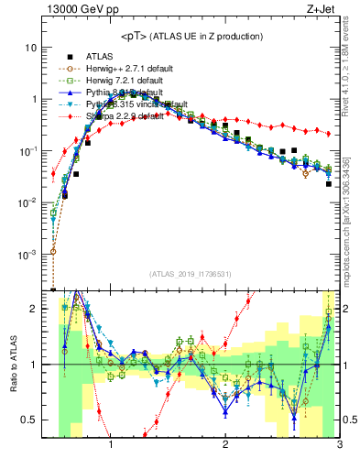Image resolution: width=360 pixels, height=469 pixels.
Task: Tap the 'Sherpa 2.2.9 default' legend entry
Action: point(124,118)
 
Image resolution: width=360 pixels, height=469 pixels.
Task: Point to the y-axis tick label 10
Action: point(31,47)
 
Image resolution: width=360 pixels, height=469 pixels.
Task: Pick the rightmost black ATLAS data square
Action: point(328,184)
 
